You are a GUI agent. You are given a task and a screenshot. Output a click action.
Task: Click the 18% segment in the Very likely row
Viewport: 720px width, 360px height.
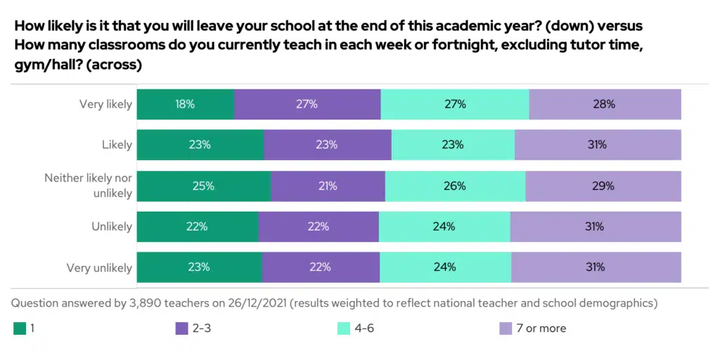186,104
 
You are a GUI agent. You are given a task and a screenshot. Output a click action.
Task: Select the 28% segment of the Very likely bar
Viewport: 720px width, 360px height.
605,104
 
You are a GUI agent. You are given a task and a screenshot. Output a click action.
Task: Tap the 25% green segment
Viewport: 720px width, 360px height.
204,186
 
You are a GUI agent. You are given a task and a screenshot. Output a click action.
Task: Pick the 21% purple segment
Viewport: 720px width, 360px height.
328,186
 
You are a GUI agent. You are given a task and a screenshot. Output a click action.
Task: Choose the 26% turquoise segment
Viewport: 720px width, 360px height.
455,186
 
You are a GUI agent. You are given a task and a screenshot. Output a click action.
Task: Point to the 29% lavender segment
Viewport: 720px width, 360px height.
603,186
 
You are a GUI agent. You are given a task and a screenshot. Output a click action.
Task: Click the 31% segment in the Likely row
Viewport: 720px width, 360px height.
598,145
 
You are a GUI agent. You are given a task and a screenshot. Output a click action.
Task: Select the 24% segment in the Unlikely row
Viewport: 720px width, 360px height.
444,226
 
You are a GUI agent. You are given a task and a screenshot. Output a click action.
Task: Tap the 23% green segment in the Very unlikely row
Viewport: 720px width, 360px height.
199,267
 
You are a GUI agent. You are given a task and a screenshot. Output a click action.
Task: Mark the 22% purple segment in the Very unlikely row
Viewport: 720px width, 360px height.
321,267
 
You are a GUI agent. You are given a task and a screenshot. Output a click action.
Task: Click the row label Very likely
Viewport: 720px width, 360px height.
105,104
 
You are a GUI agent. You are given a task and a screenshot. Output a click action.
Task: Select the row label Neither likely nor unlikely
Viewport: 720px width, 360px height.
89,185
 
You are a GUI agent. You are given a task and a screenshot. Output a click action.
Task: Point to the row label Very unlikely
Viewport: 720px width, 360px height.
99,268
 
